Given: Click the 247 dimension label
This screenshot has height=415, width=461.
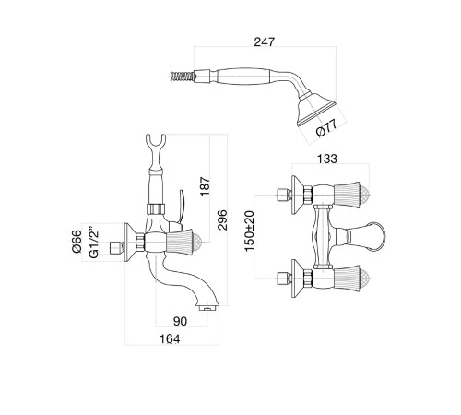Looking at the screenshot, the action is [265, 41].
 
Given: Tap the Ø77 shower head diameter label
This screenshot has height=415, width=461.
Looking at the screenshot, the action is [326, 128].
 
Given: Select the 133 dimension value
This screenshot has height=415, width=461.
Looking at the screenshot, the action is [327, 159].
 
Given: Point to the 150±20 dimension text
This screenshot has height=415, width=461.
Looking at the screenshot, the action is [250, 231].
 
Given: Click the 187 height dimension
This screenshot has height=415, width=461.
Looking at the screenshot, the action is [205, 185].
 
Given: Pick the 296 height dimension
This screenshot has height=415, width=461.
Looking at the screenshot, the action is [222, 219].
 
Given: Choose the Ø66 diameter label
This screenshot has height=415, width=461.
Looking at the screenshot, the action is [77, 242].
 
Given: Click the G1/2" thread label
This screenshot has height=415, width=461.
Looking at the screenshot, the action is [93, 243].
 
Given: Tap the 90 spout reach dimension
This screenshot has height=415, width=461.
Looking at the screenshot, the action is [180, 321].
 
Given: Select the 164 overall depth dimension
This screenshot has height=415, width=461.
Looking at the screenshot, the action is [170, 338].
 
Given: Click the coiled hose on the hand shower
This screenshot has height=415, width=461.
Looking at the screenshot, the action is [182, 76].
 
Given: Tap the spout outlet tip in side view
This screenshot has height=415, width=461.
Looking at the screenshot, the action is [208, 307].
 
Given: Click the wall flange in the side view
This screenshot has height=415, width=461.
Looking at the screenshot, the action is [130, 243].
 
